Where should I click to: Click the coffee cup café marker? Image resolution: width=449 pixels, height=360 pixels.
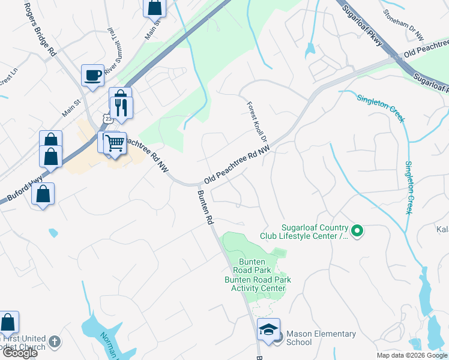[92, 76]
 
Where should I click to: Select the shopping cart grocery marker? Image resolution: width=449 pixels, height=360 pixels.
[115, 143]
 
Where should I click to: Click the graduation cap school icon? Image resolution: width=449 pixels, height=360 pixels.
[268, 329]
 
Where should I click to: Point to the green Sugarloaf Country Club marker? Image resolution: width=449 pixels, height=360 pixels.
[357, 230]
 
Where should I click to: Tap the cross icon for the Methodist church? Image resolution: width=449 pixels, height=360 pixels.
[55, 342]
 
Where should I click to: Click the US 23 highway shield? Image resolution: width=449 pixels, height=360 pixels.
[107, 119]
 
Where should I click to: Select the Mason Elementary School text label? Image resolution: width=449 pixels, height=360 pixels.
[321, 338]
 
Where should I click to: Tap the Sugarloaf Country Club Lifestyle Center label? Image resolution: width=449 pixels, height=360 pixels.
[315, 231]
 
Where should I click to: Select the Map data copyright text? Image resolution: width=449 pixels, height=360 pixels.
[412, 355]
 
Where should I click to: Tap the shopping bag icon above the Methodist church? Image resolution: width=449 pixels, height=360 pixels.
[8, 322]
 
